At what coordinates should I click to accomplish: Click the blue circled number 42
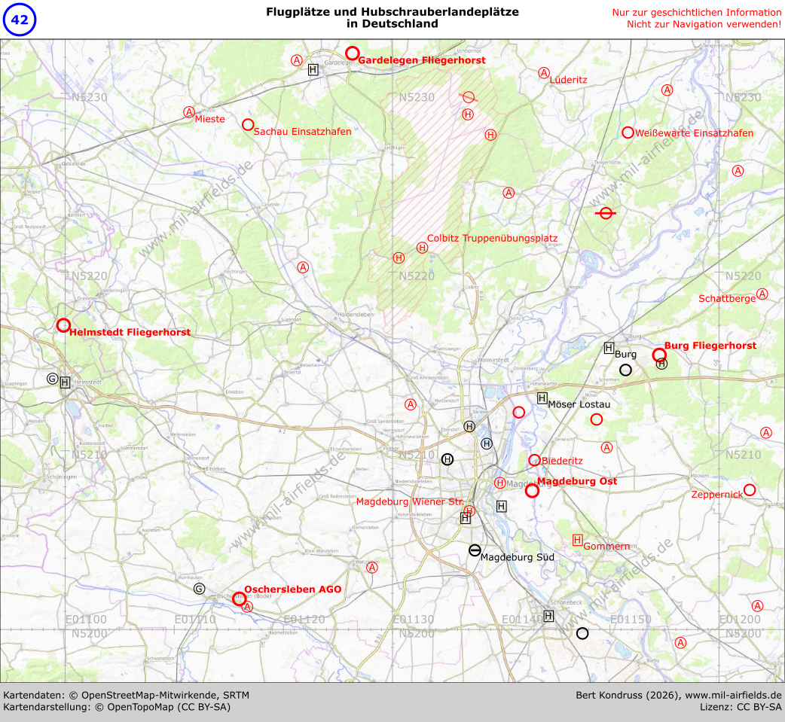20,20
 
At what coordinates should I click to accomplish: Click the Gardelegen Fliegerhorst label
421,59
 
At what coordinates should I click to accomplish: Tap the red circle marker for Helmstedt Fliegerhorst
63,325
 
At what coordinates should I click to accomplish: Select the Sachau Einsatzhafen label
302,131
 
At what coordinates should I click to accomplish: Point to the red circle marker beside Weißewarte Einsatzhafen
628,133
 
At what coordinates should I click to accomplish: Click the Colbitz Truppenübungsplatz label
492,239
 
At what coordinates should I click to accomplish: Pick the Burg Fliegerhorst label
710,346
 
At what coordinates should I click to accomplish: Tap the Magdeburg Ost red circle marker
532,491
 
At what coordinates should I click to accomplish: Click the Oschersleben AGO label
292,589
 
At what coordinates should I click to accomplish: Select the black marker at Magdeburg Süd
475,550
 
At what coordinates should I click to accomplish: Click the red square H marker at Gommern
578,540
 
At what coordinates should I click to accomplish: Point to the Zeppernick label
716,495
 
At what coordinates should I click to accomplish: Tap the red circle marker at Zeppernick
750,490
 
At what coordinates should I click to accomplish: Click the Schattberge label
726,299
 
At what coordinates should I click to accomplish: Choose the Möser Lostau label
579,404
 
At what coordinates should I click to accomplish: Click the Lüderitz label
568,79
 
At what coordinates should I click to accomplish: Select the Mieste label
209,119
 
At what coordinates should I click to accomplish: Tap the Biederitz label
561,461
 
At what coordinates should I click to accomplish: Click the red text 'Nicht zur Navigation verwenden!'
704,24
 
